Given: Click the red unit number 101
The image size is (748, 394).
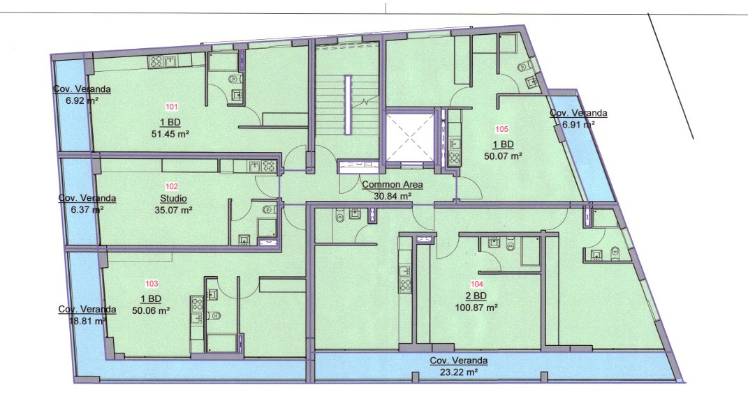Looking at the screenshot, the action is [171, 107].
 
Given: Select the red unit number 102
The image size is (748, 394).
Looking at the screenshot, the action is [172, 186].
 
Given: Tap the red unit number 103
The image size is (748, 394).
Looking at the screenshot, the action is [152, 284].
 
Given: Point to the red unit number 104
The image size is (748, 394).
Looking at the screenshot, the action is [477, 284].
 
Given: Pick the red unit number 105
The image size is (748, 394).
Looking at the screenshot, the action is [502, 128].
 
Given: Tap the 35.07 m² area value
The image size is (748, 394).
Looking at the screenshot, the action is [174, 210].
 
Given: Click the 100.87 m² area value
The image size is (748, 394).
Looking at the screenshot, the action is [477, 308].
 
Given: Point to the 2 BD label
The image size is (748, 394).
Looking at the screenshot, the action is [476, 296].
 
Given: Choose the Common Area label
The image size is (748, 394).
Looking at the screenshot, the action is [392, 184].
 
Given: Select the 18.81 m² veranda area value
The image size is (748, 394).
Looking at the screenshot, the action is [88, 321].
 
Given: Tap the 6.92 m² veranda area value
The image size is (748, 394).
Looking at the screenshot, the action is [82, 100].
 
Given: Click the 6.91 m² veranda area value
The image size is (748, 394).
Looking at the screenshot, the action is [578, 125].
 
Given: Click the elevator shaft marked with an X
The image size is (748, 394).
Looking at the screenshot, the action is [409, 136].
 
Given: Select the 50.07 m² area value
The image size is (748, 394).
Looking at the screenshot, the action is [503, 156].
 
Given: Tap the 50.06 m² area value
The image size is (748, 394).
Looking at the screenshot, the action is [152, 310].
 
